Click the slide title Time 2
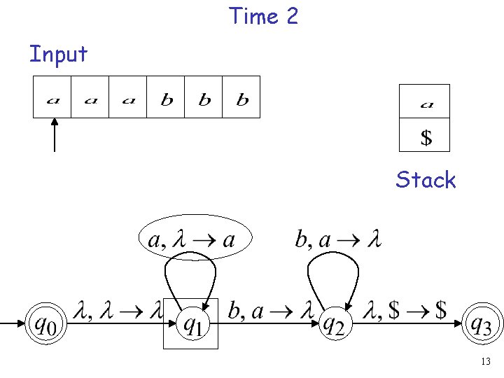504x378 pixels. pos(263,15)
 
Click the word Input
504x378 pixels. pos(58,53)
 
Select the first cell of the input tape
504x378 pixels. pos(52,97)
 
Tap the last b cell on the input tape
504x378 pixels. pos(241,97)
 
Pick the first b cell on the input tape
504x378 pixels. pos(166,97)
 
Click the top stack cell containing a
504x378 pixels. pos(424,102)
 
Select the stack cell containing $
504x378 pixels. pos(424,136)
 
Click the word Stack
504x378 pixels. pos(426,180)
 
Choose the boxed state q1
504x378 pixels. pos(191,323)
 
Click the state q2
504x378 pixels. pos(334,323)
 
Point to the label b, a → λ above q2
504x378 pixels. pos(337,239)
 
